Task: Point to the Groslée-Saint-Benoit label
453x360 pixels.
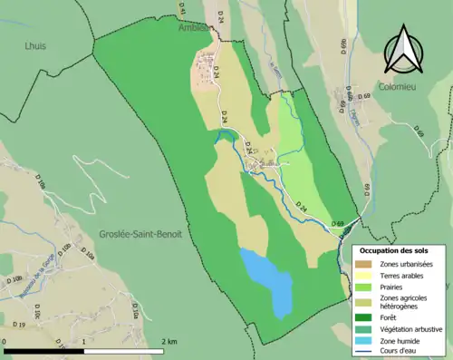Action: [140, 234]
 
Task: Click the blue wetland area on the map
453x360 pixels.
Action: [268, 280]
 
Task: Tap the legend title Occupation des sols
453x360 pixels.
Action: [396, 249]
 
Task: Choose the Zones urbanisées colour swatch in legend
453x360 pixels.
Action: [366, 264]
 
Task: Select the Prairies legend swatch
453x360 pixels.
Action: [366, 287]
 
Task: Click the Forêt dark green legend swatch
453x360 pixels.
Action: [366, 317]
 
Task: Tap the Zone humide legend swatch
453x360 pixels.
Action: [366, 340]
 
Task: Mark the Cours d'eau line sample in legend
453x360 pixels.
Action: [366, 351]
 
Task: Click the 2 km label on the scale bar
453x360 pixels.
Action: [168, 341]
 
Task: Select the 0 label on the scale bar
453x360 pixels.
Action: [5, 341]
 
